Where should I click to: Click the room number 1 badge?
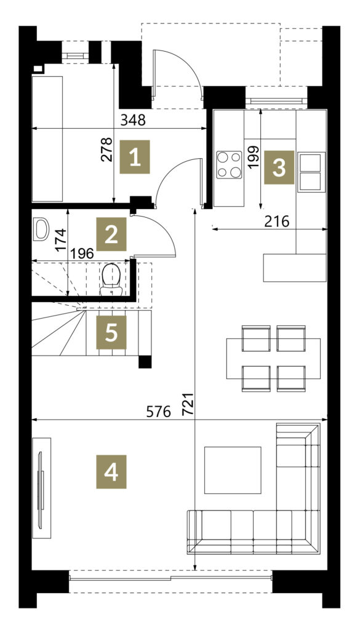[135, 157]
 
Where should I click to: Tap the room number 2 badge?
[111, 234]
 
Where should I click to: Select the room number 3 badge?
[279, 167]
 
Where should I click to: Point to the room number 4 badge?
[111, 472]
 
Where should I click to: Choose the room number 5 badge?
[111, 332]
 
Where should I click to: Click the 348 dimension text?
[133, 120]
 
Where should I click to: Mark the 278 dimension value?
[106, 150]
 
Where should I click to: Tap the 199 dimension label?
[254, 157]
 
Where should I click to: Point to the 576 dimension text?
[158, 412]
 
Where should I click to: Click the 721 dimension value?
[188, 404]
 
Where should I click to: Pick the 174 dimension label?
[61, 240]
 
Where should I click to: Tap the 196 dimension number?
[82, 253]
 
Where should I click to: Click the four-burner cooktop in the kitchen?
[229, 165]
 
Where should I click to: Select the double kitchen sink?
[311, 172]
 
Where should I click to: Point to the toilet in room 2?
[111, 280]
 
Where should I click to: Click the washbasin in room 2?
[41, 229]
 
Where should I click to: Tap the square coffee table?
[233, 470]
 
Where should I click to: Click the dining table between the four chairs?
[273, 359]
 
